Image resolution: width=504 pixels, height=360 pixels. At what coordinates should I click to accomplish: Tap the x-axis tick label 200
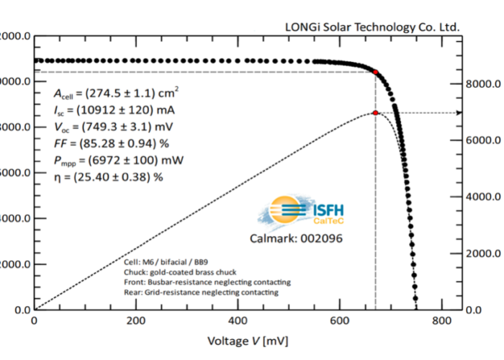tap(136, 322)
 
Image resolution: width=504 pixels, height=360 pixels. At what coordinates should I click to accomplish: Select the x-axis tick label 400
tap(238, 322)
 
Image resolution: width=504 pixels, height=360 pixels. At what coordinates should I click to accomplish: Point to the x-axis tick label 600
tap(340, 322)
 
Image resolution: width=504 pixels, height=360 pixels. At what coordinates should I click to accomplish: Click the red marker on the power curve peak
tap(376, 113)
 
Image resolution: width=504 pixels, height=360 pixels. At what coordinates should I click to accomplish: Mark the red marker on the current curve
tap(376, 72)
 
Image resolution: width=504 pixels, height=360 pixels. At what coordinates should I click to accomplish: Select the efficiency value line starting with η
tap(109, 175)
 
